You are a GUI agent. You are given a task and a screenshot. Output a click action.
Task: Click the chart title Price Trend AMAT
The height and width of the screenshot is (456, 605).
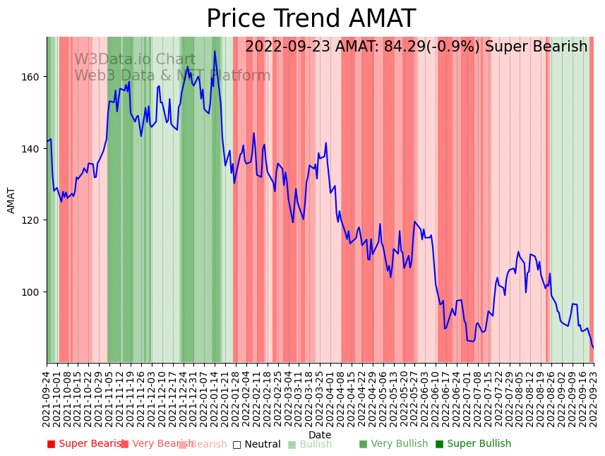tap(311, 19)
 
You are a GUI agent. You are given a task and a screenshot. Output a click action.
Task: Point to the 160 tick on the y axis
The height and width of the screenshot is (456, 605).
tap(33, 76)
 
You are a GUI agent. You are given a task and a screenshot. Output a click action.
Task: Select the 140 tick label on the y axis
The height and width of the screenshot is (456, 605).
tap(33, 149)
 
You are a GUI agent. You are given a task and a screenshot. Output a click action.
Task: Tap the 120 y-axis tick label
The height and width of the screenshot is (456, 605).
tap(33, 220)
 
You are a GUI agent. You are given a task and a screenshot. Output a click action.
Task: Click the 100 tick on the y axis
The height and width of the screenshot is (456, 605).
tap(33, 292)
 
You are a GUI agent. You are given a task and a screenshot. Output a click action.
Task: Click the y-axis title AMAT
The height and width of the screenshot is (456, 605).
tap(11, 200)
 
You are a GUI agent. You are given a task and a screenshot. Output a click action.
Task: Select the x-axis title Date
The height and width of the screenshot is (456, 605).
tap(320, 435)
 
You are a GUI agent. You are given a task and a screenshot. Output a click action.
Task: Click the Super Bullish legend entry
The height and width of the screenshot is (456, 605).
tap(478, 444)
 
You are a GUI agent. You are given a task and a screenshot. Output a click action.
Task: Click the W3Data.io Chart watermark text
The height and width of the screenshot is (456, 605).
tap(135, 60)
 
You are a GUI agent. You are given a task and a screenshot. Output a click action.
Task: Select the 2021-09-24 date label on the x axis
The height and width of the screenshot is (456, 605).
tap(47, 399)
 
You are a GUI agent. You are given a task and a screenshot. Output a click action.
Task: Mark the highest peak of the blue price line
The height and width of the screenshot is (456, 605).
tap(215, 52)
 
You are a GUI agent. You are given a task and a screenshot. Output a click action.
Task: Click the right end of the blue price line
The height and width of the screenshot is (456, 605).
tap(593, 347)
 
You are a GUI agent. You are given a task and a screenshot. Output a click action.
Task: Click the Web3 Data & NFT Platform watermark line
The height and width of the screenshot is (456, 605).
tap(172, 76)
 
